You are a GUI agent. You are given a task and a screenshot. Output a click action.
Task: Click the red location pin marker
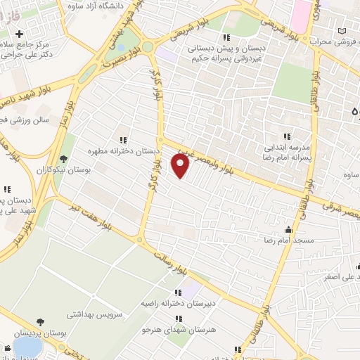coord(181,166)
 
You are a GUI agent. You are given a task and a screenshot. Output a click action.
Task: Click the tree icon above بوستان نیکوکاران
coord(65,159)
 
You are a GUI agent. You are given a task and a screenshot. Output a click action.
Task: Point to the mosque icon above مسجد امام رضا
coord(288,229)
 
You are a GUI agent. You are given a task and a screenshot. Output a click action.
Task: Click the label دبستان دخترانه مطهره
coord(124,150)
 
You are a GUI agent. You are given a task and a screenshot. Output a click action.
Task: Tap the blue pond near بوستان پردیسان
coord(28,347)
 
